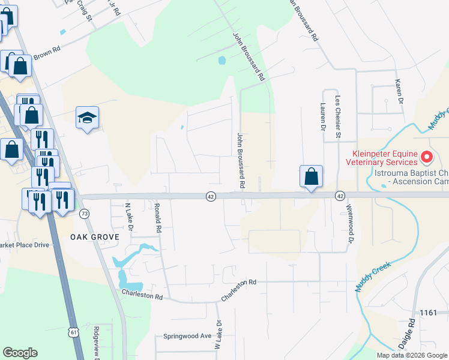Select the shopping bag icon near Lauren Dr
click(x=311, y=177)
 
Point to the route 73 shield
click(x=85, y=214)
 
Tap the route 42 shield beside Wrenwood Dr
click(x=340, y=196)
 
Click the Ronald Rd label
click(x=158, y=217)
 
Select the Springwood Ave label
click(x=188, y=336)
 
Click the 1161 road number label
click(x=429, y=313)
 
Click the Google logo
click(x=20, y=353)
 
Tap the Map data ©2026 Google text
click(x=411, y=355)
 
